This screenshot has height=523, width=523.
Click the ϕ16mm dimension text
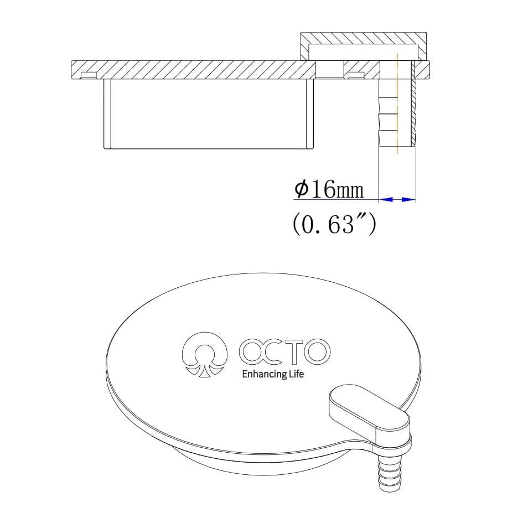[x=329, y=190]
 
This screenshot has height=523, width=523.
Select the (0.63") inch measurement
[x=334, y=224]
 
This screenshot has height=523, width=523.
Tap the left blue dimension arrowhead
[x=386, y=199]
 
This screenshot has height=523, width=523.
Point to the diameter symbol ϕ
[x=302, y=189]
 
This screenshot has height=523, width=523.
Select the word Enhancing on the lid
[x=264, y=375]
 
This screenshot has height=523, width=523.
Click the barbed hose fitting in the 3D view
[x=387, y=470]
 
